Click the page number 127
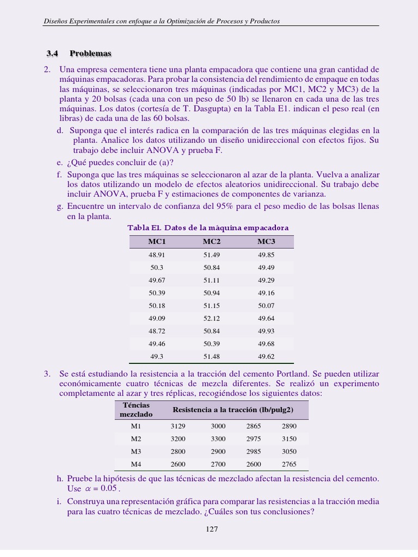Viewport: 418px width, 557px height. [x=212, y=529]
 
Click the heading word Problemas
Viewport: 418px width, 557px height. [x=90, y=53]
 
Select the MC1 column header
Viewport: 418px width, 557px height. [x=157, y=242]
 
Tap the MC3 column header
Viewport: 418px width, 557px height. [x=266, y=242]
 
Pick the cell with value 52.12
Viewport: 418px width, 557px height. [x=212, y=318]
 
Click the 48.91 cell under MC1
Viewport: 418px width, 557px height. [x=157, y=255]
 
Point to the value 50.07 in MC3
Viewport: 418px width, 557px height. [x=266, y=306]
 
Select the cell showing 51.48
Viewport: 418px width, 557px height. [x=212, y=356]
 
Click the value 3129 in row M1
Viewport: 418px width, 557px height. [x=178, y=426]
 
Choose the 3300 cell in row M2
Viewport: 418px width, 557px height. [x=218, y=439]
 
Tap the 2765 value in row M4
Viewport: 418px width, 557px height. [x=289, y=464]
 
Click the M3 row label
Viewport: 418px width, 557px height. [x=136, y=451]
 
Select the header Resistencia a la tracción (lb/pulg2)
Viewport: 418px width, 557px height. [x=233, y=410]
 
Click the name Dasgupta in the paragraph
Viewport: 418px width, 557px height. [x=184, y=108]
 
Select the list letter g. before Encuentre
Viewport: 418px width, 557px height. [x=60, y=207]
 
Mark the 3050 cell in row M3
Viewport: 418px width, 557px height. [x=289, y=451]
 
